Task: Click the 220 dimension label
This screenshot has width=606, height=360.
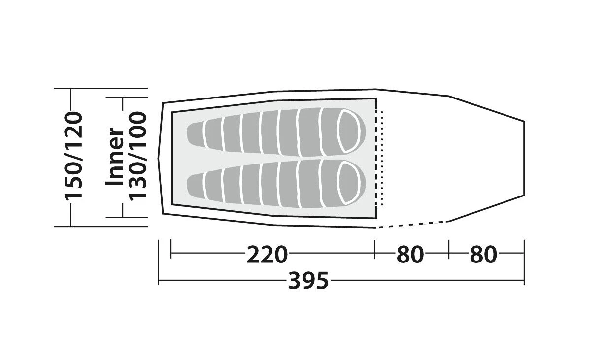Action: (267, 255)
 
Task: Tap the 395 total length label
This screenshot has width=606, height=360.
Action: (308, 281)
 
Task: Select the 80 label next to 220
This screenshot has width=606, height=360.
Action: (410, 255)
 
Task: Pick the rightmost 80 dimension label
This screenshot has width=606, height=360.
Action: (484, 255)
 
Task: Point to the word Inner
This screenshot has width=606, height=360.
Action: (114, 157)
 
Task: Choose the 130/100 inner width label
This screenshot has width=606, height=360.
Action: (137, 157)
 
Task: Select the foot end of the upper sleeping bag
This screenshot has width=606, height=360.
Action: (195, 134)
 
